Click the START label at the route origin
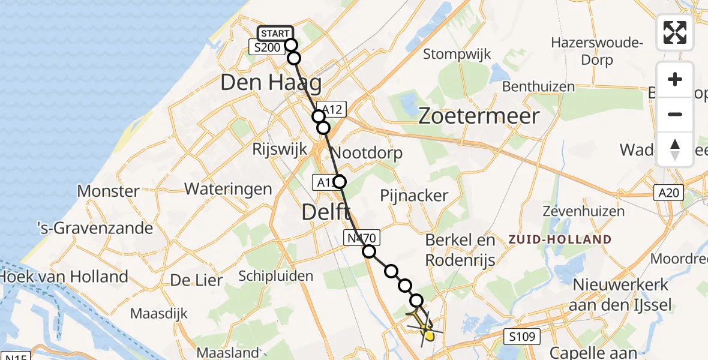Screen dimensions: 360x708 (x=275, y=33)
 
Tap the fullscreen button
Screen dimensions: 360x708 (x=675, y=32)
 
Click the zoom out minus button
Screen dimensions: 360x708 (x=675, y=114)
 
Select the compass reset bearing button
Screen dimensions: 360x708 (x=675, y=149)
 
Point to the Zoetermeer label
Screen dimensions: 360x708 (x=479, y=116)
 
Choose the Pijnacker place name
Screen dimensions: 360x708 (x=414, y=195)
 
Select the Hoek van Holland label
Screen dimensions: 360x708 (x=64, y=277)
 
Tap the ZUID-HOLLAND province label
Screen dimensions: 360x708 (x=559, y=239)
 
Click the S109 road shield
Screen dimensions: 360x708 (x=519, y=336)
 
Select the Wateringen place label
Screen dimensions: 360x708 (x=228, y=189)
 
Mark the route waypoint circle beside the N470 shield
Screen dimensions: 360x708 (x=369, y=252)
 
